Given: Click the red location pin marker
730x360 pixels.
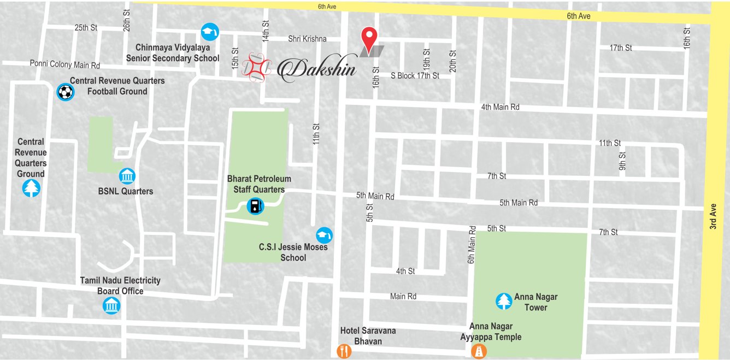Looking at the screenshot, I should [x=370, y=38].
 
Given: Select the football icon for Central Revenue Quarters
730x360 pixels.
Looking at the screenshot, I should [x=65, y=92].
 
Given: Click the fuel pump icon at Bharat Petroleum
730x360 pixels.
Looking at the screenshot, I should [x=255, y=206].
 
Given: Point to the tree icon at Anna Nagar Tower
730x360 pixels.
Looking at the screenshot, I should [x=503, y=301].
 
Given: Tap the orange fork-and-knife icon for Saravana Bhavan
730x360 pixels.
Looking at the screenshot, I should [x=344, y=351].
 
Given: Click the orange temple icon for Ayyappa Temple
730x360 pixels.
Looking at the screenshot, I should [x=479, y=351].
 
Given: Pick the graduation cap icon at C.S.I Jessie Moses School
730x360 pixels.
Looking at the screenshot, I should [x=324, y=235].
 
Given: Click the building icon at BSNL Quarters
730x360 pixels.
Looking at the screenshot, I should [x=127, y=176].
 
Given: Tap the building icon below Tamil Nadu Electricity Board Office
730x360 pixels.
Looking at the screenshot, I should [x=111, y=305].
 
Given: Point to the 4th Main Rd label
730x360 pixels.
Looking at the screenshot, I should [x=500, y=107].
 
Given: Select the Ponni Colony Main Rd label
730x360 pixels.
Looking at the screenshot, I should [x=65, y=65].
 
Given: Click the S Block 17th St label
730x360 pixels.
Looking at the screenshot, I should [x=415, y=76].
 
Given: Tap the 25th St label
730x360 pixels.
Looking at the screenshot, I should [x=86, y=27].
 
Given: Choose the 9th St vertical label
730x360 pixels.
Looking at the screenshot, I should [x=622, y=162].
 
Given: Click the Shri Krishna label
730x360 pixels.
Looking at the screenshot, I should [x=307, y=39].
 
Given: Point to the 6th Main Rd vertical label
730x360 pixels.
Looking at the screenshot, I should [x=472, y=245].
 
